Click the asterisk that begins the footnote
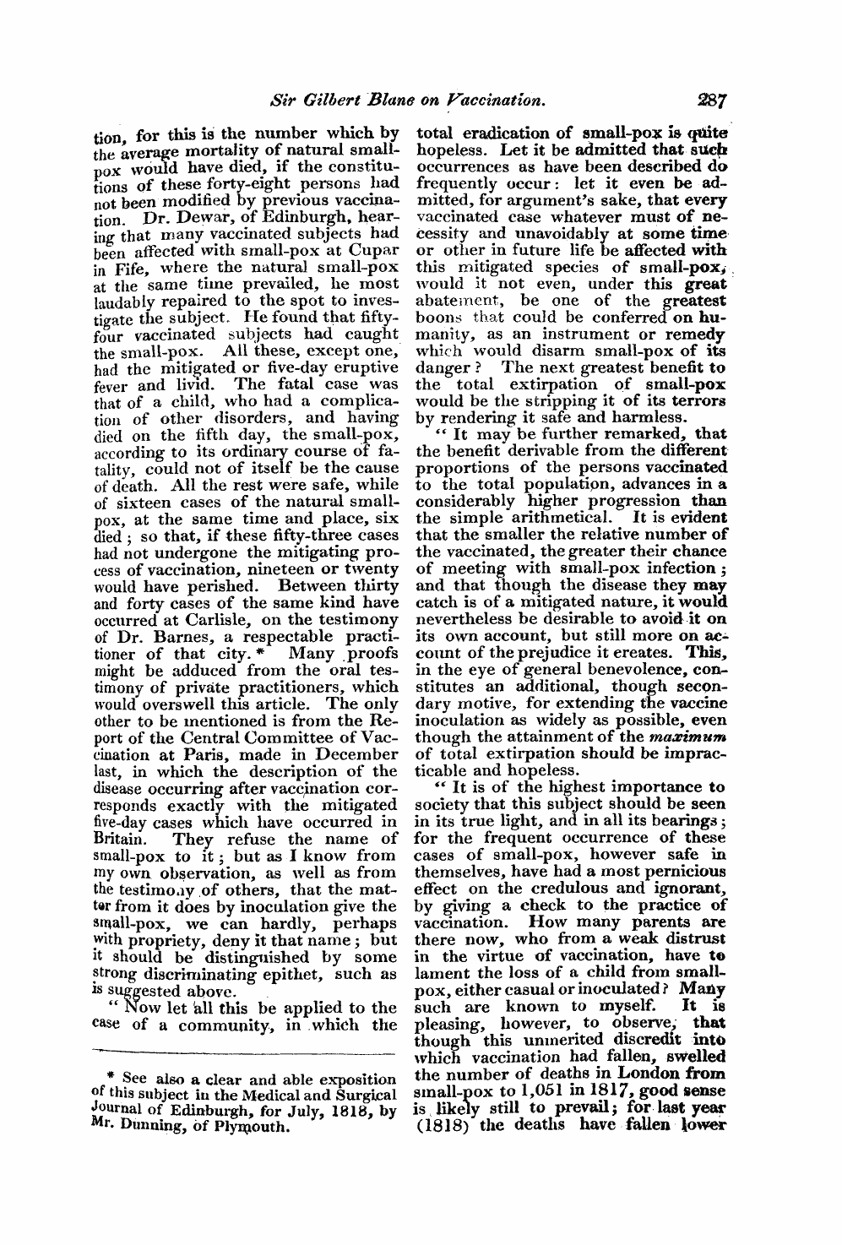(111, 1078)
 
